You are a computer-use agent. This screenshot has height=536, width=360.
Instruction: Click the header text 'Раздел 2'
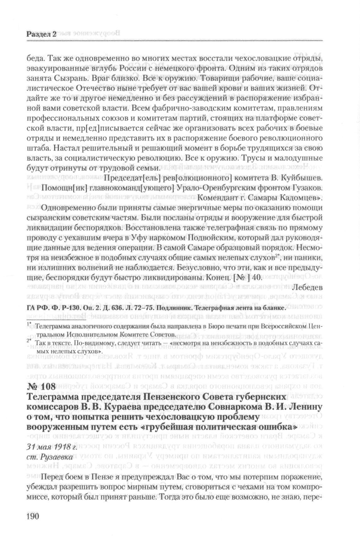pyautogui.click(x=41, y=35)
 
